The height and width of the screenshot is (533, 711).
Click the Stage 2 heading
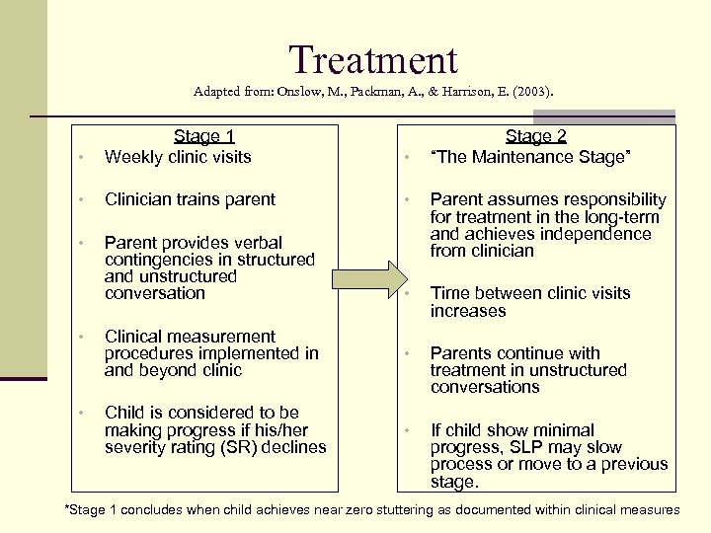(x=535, y=136)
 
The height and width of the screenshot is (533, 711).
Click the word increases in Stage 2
(x=468, y=311)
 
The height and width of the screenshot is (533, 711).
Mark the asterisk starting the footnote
(x=67, y=509)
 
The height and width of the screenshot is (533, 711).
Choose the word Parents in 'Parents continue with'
(x=461, y=353)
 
